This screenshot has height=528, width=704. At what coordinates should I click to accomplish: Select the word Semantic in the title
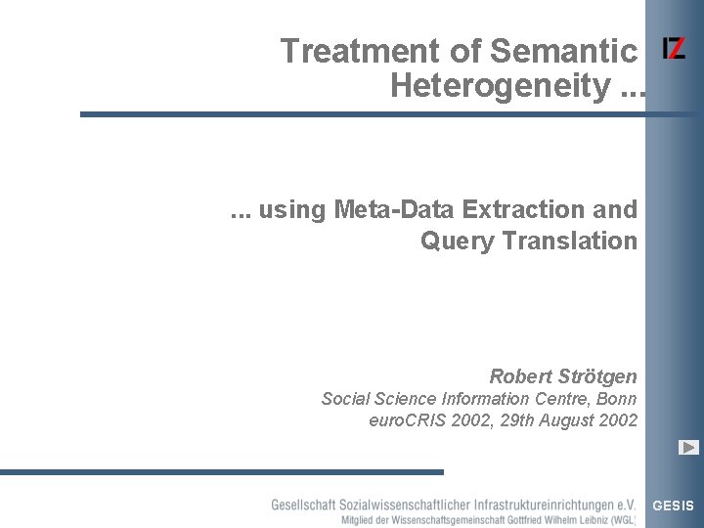click(563, 51)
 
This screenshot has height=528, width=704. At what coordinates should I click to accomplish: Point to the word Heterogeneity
click(500, 86)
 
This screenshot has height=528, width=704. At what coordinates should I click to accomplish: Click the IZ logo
click(674, 49)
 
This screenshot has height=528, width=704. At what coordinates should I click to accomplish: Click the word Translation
click(571, 241)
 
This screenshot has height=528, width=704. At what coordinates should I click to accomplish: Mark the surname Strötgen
click(599, 376)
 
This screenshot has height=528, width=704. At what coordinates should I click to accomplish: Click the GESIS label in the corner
click(673, 506)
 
